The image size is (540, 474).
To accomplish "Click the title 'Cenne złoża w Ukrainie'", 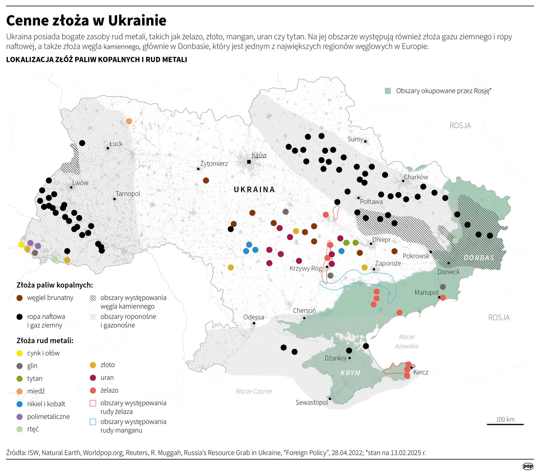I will [86, 20].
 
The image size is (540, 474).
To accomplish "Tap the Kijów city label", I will [259, 155].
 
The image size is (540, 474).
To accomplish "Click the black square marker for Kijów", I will [249, 162].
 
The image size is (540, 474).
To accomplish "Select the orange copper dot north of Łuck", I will [129, 121].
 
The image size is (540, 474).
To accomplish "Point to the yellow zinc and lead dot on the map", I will [21, 244].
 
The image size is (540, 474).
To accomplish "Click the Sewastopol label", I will [311, 402].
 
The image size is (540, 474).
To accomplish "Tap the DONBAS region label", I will [479, 258].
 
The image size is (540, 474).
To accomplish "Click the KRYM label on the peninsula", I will [350, 373].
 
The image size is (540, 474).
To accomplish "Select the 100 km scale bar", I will [505, 424].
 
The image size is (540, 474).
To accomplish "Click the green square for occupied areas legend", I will [388, 91].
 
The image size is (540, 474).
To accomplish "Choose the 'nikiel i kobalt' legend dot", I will [20, 404].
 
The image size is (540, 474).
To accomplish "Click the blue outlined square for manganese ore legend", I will [93, 422].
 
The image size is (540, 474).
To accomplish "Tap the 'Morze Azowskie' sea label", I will [407, 341].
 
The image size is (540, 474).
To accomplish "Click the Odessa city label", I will [254, 317].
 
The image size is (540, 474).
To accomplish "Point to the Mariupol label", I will [426, 292].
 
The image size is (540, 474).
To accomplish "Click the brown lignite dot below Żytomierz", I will [206, 180].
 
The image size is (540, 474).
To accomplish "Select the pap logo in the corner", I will [528, 466].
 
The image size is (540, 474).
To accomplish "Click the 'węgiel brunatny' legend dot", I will [20, 298].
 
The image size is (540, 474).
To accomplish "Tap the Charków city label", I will [416, 177].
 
